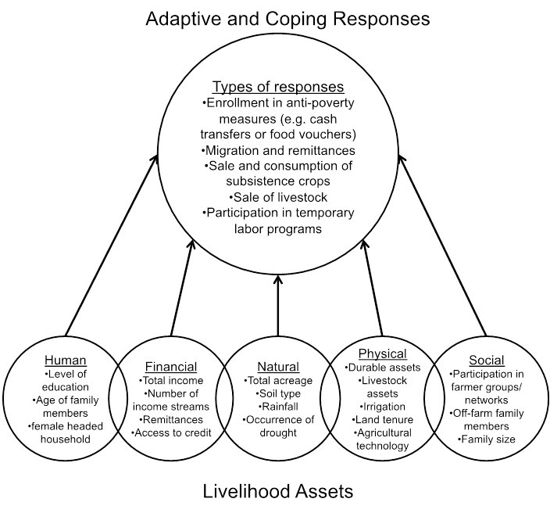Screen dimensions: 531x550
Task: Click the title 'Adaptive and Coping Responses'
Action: click(287, 18)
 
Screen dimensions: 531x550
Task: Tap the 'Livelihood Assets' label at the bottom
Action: click(278, 491)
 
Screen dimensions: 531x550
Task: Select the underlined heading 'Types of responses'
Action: click(278, 87)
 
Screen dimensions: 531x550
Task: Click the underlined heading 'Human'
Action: click(65, 361)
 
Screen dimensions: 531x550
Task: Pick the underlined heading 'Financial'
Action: click(171, 367)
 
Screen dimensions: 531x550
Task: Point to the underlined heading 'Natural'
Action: click(278, 367)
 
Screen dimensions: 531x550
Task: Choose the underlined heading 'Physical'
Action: click(382, 354)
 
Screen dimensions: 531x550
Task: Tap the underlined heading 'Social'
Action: click(487, 361)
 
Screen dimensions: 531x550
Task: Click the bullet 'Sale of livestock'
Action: click(278, 197)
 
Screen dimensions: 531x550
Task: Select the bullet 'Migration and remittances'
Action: click(278, 150)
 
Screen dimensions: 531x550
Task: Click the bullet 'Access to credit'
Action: click(171, 432)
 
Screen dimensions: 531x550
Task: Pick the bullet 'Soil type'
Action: click(278, 393)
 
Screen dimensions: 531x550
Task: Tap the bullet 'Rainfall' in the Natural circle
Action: click(278, 407)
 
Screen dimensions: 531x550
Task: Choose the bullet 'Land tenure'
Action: click(382, 420)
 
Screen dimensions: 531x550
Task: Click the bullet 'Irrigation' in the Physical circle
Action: click(382, 407)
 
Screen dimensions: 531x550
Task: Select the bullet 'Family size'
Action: click(487, 440)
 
